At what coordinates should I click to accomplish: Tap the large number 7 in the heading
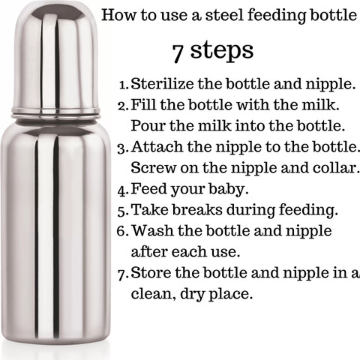(178, 51)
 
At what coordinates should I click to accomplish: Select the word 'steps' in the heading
(223, 51)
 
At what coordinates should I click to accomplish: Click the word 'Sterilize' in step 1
(159, 84)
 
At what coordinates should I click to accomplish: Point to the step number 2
(124, 104)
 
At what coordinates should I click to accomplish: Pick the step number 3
(124, 145)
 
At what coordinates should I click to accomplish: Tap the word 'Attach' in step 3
(152, 145)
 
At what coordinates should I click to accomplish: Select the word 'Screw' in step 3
(150, 166)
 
